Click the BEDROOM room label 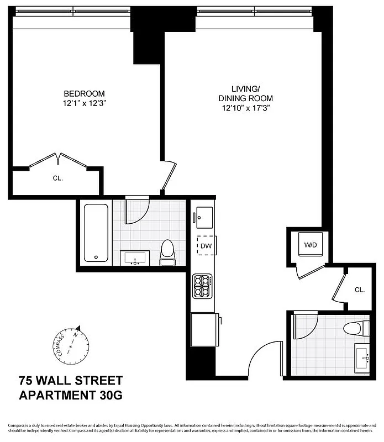point(83,94)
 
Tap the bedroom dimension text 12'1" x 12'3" point(83,103)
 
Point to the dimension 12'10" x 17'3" point(245,108)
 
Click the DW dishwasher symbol point(205,245)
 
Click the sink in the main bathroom point(135,258)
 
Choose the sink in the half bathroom point(362,358)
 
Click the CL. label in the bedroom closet point(58,178)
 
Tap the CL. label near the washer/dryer point(360,290)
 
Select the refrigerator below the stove point(205,330)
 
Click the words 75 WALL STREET point(71,381)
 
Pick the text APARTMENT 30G point(71,396)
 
